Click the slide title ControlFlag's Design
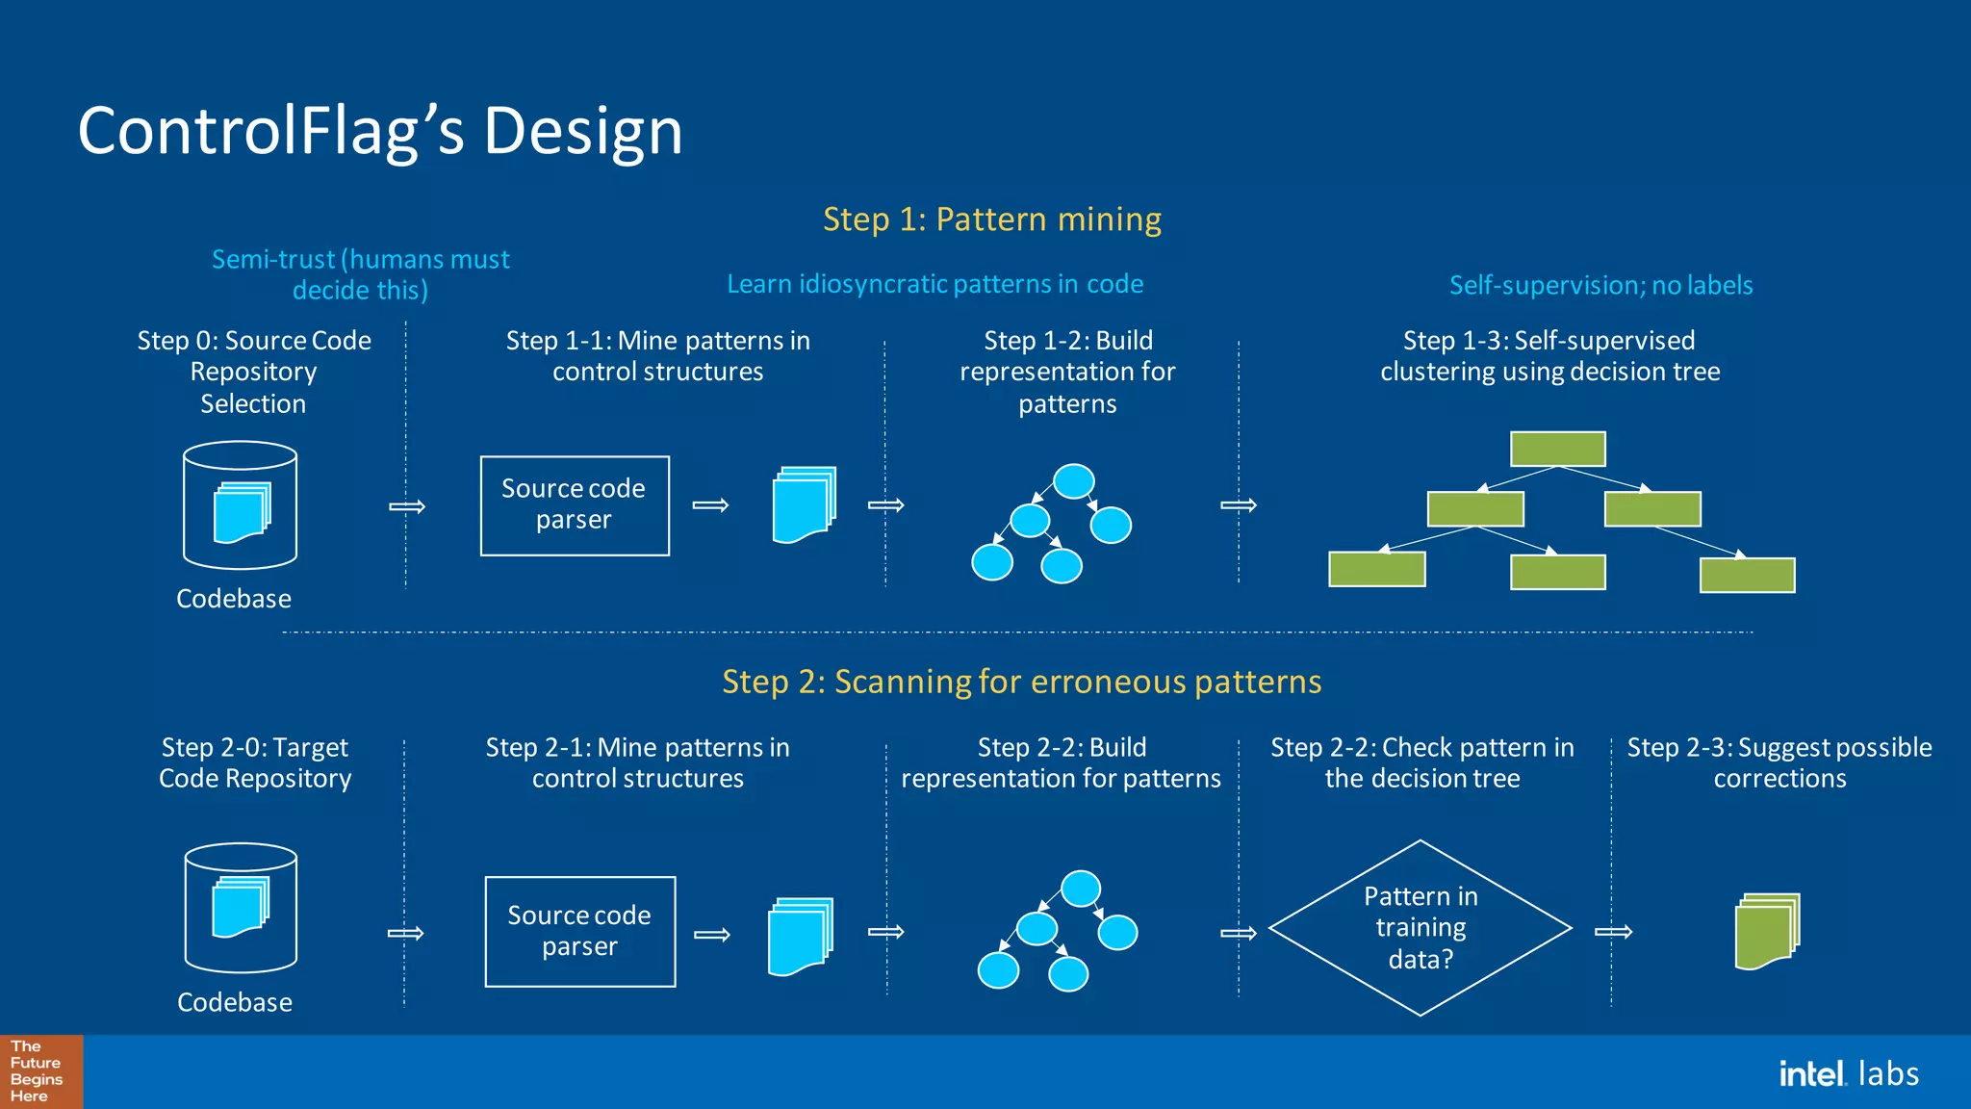(380, 131)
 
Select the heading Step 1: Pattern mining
(991, 219)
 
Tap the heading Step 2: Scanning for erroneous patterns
(1021, 682)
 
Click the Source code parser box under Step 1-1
(575, 505)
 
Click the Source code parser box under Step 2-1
(579, 931)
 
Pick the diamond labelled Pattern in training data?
(1420, 928)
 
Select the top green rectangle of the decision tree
(1557, 449)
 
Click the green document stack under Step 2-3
(1767, 931)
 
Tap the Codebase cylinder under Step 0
(240, 505)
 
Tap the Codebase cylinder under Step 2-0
(240, 908)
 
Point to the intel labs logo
(1848, 1073)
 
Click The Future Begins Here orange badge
(40, 1071)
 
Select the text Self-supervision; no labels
(1600, 285)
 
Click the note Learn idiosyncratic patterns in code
(934, 284)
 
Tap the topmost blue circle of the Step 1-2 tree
(1073, 480)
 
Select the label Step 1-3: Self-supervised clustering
(1549, 355)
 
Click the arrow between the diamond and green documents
(1613, 931)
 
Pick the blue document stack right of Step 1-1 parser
(804, 505)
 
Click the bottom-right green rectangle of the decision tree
(1747, 576)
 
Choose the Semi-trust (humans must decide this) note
(360, 274)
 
